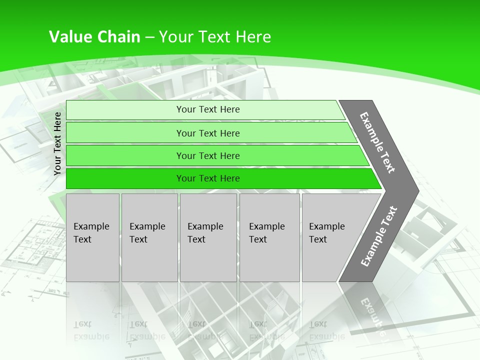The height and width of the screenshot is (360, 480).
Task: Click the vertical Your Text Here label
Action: tap(57, 143)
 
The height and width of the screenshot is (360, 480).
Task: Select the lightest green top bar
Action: tap(207, 109)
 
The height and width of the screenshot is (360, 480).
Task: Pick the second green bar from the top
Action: tap(207, 133)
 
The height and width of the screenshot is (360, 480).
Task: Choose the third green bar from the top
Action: tap(207, 155)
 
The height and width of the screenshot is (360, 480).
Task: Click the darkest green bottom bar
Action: tap(207, 178)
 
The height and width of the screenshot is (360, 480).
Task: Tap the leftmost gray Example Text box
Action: tap(92, 237)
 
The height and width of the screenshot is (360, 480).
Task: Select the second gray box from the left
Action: tap(149, 237)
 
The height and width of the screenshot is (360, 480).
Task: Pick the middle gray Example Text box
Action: tap(208, 237)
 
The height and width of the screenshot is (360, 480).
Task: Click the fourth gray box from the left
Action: tap(269, 237)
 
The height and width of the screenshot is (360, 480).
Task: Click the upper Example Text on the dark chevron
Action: tap(377, 142)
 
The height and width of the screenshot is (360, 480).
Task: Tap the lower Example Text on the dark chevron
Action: tap(378, 236)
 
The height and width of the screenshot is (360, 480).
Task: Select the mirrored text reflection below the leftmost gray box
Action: tap(91, 330)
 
